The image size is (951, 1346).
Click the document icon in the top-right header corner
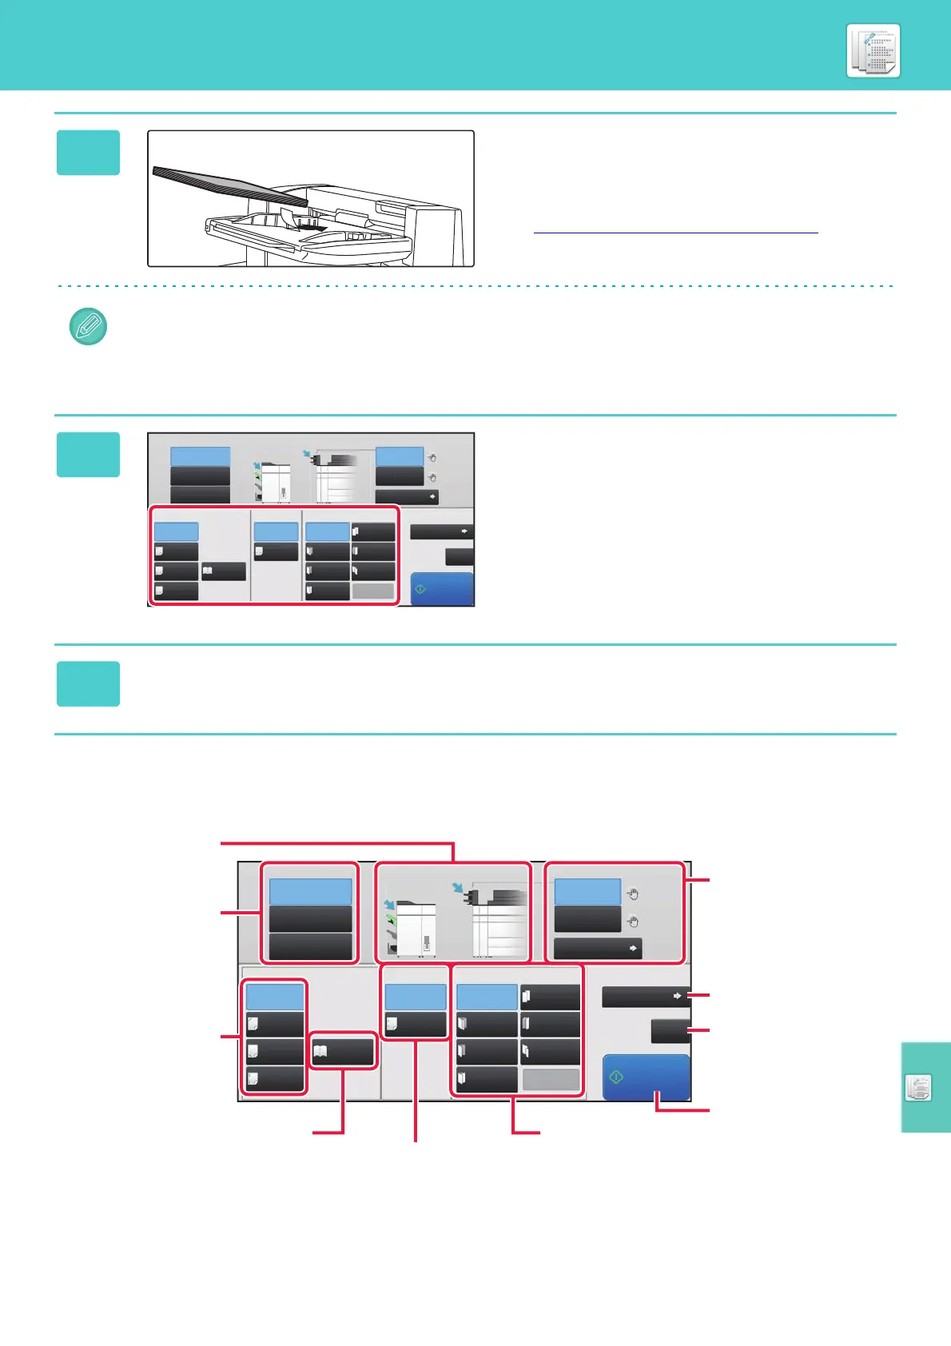click(873, 51)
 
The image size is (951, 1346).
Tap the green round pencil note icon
click(89, 326)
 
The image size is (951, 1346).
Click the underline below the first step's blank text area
click(675, 233)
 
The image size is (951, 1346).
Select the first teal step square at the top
click(88, 153)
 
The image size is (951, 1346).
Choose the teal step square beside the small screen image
click(88, 455)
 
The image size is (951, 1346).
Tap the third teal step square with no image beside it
click(88, 684)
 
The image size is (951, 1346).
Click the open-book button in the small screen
click(223, 571)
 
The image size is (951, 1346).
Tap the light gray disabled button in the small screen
click(373, 591)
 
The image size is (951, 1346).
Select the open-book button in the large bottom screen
click(342, 1051)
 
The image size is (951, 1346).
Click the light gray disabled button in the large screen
click(551, 1080)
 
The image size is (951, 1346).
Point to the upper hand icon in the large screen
click(632, 894)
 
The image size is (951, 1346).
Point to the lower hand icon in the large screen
click(632, 921)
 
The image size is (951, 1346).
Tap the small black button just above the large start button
click(670, 1031)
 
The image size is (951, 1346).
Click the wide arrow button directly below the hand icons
click(598, 949)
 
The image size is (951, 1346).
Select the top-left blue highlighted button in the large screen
click(310, 891)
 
